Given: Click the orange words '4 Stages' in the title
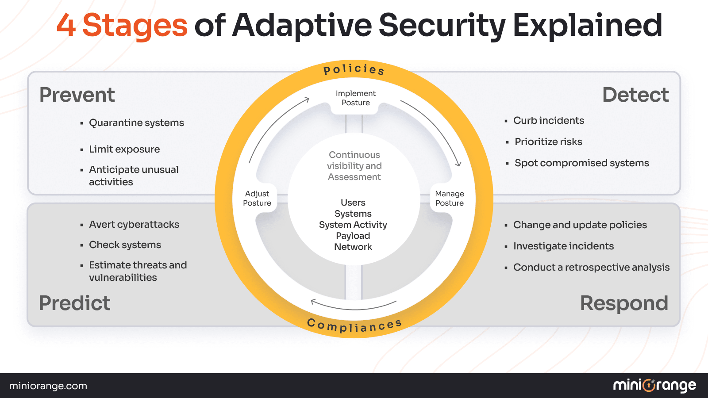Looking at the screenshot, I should (122, 25).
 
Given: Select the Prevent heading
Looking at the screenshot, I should (77, 95).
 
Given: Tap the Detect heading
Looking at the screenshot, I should (635, 95).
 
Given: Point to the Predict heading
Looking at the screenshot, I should (75, 303).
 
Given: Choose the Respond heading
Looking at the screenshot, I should (624, 303).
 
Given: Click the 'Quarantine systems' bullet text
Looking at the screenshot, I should (136, 123).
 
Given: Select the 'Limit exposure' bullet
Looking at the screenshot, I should (124, 149).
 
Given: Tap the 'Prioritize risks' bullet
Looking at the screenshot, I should (548, 142).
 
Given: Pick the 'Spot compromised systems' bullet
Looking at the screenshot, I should (581, 163).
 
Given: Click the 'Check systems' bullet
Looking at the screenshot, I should (125, 245).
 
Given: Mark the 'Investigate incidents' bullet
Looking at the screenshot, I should (563, 246).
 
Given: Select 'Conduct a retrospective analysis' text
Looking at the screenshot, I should (591, 268).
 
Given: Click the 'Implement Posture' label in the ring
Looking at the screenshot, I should (355, 98).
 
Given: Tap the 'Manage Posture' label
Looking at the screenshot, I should (450, 199).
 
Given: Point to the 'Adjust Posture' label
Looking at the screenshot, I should (257, 199).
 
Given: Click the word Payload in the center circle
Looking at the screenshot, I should (353, 236).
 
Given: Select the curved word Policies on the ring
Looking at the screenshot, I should (354, 69).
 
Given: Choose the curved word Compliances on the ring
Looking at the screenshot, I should (354, 326).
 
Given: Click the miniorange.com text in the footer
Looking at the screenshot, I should (48, 386).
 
